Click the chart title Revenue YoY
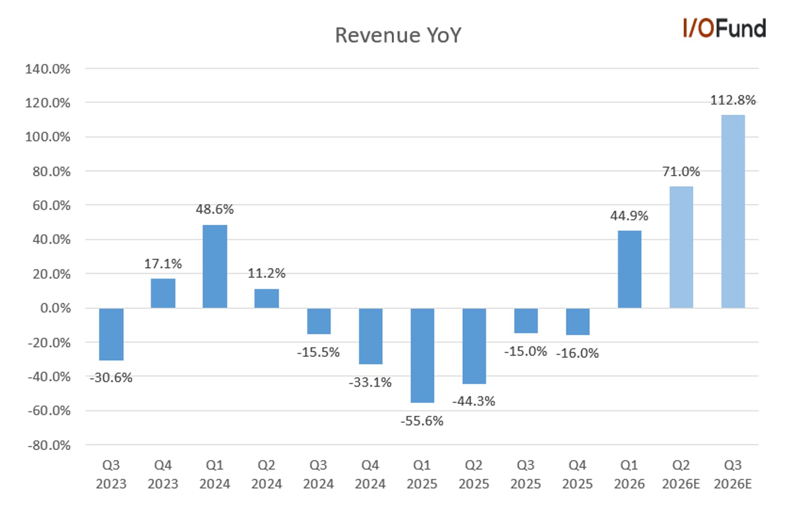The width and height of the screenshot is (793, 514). pos(398,35)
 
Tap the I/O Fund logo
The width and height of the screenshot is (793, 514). pos(724,28)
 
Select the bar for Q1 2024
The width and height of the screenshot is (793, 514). pos(215,267)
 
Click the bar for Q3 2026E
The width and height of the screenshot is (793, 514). pos(733,212)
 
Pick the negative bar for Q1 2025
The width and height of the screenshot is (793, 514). pos(422,355)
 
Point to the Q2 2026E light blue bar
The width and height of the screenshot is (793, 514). pos(681,247)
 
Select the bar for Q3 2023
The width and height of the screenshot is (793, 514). pos(111,334)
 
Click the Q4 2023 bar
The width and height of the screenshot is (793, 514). pos(163,293)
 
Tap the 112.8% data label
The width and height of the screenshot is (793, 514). pos(733,100)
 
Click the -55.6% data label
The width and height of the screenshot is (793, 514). pos(422,421)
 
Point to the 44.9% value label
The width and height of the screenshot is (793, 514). pos(629,216)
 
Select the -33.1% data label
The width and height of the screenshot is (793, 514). pos(371,382)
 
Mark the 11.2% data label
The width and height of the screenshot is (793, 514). pos(267,273)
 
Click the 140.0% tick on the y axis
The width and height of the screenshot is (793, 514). pos(48,69)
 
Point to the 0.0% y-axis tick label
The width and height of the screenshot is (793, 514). pos(55,308)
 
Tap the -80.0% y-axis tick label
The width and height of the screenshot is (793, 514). pos(49,445)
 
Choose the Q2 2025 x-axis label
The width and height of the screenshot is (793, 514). pos(474,474)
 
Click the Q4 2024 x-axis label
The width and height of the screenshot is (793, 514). pos(371,474)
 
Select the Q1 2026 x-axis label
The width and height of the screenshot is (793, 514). pos(629,474)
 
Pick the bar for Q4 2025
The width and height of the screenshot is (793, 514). pos(578,322)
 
